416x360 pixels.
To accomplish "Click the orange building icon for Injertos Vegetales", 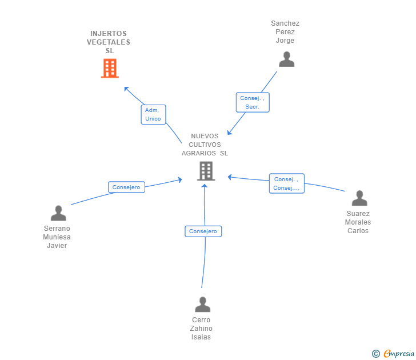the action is [x=110, y=69].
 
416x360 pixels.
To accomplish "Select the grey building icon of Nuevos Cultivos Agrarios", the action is [x=206, y=171].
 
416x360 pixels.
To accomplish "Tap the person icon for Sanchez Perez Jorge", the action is [x=286, y=59].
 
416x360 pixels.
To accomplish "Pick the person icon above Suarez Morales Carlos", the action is [x=359, y=198].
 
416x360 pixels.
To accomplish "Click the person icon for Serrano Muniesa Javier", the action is [x=58, y=213].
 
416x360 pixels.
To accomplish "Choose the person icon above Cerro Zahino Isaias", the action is [x=202, y=305].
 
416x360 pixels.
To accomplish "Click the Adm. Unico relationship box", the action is [x=153, y=114].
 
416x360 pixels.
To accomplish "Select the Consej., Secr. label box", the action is [x=253, y=102].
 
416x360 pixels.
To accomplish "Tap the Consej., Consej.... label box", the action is [x=286, y=183].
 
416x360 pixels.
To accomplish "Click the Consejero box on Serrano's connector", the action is [x=126, y=187].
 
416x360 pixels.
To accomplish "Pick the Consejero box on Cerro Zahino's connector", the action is [x=203, y=231].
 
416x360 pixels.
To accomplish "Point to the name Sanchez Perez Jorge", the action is [x=285, y=32].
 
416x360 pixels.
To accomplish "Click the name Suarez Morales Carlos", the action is [x=358, y=222].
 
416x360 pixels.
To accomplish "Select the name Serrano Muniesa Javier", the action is [x=57, y=237].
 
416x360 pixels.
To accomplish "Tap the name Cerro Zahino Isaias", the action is [x=201, y=329].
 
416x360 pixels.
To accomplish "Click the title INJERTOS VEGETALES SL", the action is [x=109, y=42].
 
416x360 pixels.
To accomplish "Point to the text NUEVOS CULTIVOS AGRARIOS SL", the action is [x=205, y=145].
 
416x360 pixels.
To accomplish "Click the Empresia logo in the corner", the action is [x=399, y=353].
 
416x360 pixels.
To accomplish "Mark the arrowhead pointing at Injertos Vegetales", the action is [x=126, y=89].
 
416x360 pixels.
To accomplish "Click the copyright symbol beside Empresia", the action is [x=376, y=354].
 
